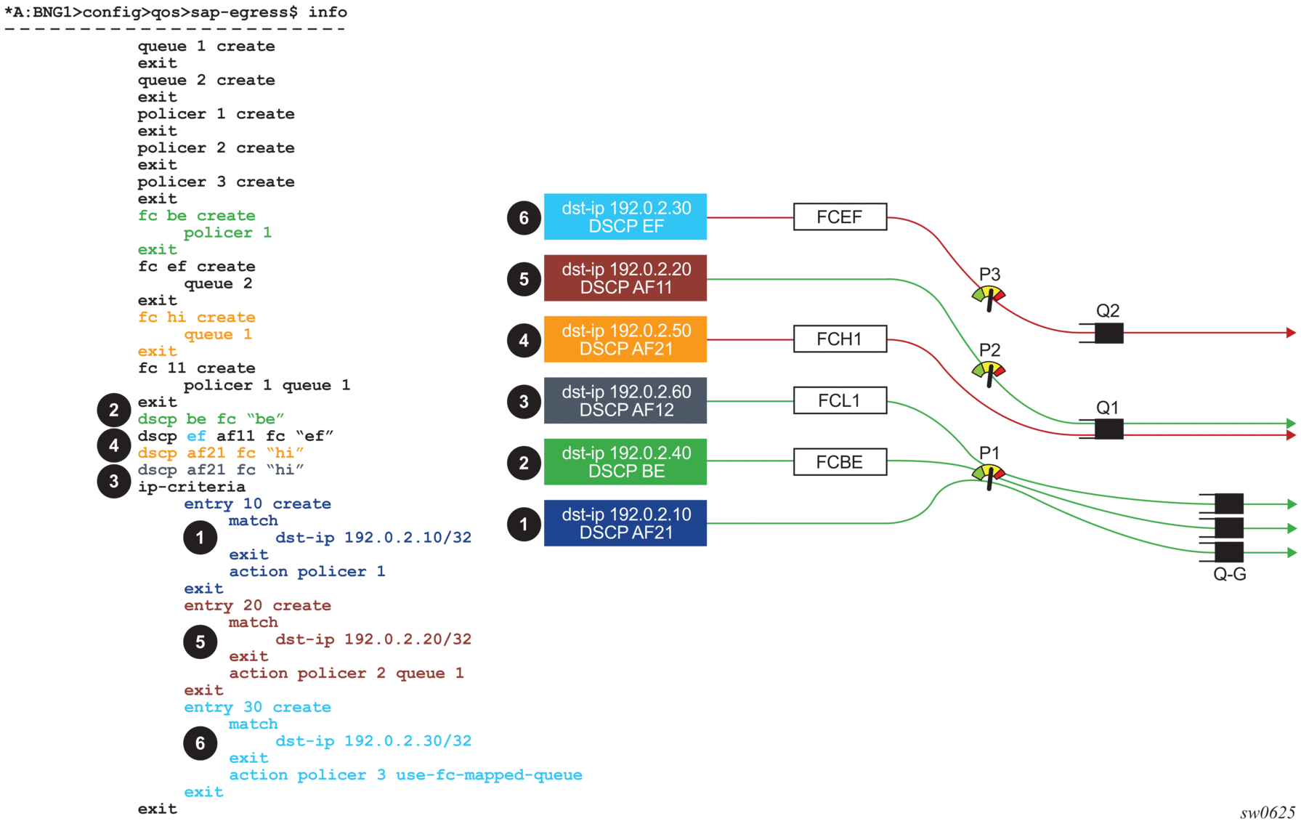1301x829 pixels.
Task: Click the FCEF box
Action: pyautogui.click(x=840, y=217)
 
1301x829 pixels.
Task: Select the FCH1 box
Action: pyautogui.click(x=840, y=339)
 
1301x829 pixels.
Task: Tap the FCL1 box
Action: pyautogui.click(x=840, y=400)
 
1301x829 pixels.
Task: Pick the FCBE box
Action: pyautogui.click(x=840, y=462)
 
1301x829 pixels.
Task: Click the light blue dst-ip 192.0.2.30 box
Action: pyautogui.click(x=625, y=217)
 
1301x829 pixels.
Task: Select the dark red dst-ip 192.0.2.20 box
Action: pyautogui.click(x=625, y=278)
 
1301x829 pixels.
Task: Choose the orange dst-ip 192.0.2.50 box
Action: pyautogui.click(x=625, y=339)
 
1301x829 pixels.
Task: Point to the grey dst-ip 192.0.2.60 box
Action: pyautogui.click(x=625, y=400)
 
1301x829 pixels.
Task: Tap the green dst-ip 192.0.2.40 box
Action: pyautogui.click(x=625, y=462)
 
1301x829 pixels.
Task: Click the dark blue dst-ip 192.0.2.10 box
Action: pyautogui.click(x=625, y=523)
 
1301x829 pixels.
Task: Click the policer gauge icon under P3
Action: pyautogui.click(x=989, y=296)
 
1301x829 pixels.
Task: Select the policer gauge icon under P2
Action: pyautogui.click(x=989, y=371)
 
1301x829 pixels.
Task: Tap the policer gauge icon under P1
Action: pyautogui.click(x=989, y=474)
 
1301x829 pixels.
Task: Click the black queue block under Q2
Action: pyautogui.click(x=1109, y=333)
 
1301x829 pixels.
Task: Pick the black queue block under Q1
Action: pyautogui.click(x=1109, y=429)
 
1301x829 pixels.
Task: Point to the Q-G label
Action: pyautogui.click(x=1230, y=575)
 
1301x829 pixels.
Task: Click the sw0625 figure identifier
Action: pyautogui.click(x=1268, y=813)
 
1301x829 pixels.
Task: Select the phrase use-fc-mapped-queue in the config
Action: pyautogui.click(x=489, y=775)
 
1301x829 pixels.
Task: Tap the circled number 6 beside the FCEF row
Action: pyautogui.click(x=524, y=218)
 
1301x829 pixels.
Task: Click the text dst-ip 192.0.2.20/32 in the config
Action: pyautogui.click(x=373, y=639)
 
